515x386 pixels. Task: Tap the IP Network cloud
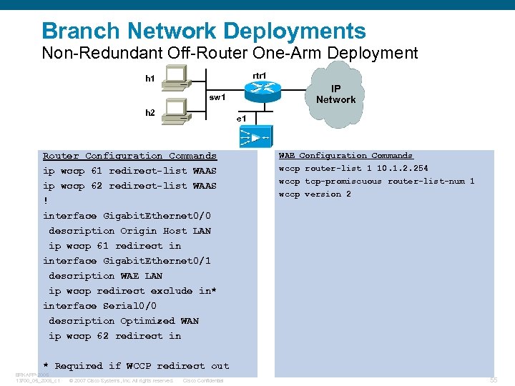pyautogui.click(x=335, y=95)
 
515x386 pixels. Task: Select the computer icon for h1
pyautogui.click(x=175, y=77)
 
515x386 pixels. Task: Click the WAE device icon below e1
pyautogui.click(x=255, y=136)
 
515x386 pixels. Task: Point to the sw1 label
pyautogui.click(x=217, y=96)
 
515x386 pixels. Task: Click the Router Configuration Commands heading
pyautogui.click(x=129, y=156)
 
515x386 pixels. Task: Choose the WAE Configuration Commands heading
pyautogui.click(x=345, y=155)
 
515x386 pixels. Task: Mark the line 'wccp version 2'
pyautogui.click(x=315, y=194)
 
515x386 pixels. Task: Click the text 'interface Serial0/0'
pyautogui.click(x=99, y=306)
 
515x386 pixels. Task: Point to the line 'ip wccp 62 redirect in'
pyautogui.click(x=114, y=336)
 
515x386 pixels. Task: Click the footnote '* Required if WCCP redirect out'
pyautogui.click(x=136, y=366)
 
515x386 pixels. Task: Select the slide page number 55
pyautogui.click(x=493, y=380)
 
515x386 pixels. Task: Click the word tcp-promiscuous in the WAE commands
pyautogui.click(x=343, y=182)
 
